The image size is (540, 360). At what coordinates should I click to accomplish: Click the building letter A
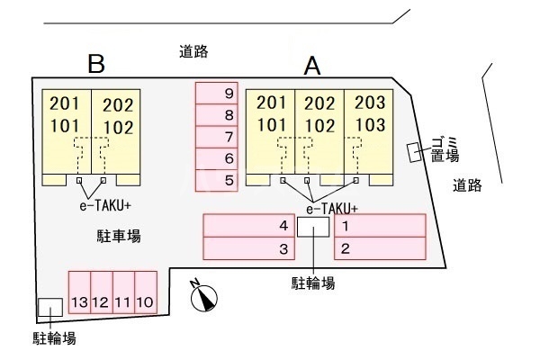click(312, 65)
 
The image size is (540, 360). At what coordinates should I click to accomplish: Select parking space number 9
click(217, 94)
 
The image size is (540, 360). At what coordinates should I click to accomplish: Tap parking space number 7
click(217, 137)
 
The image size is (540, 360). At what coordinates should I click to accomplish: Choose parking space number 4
click(252, 226)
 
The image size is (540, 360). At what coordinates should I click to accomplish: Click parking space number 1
click(379, 226)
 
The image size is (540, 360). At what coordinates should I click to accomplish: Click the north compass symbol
click(204, 297)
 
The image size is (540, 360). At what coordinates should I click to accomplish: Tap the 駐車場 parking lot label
click(119, 236)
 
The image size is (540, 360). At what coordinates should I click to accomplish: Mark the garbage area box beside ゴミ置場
click(414, 152)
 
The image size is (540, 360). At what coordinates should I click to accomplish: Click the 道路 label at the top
click(193, 52)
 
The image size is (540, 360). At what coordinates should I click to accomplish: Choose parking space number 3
click(252, 247)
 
